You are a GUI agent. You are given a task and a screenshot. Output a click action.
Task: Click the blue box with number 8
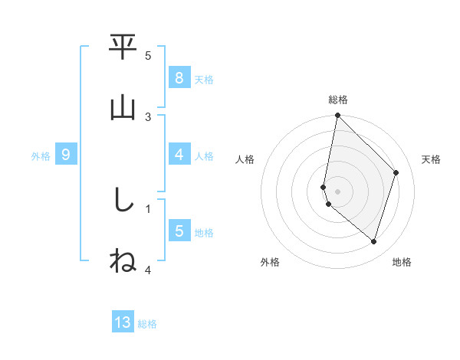[179, 78]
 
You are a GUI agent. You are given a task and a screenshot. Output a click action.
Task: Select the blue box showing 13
[123, 322]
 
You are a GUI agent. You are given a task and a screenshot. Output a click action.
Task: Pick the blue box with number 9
[66, 155]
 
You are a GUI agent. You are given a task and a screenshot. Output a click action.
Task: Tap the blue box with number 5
[179, 232]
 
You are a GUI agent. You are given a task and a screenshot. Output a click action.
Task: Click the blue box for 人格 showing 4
[179, 155]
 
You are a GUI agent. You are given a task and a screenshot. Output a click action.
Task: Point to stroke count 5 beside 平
[148, 56]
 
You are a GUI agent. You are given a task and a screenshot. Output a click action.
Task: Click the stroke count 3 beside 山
[148, 116]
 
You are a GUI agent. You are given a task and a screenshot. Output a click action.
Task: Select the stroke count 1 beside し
[148, 208]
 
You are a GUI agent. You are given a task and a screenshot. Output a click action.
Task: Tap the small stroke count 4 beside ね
[148, 270]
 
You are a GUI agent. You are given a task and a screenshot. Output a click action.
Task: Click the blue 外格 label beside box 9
[41, 156]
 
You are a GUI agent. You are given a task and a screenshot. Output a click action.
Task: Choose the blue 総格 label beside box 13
[147, 324]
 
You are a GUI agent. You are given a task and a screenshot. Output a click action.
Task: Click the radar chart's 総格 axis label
[337, 100]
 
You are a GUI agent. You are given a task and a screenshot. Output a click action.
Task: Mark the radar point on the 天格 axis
[396, 172]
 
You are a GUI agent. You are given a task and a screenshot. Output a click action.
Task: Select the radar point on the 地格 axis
[373, 241]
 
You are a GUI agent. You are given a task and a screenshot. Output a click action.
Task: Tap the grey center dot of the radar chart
[337, 191]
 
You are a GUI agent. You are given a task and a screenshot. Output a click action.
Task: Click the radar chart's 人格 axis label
[245, 159]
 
